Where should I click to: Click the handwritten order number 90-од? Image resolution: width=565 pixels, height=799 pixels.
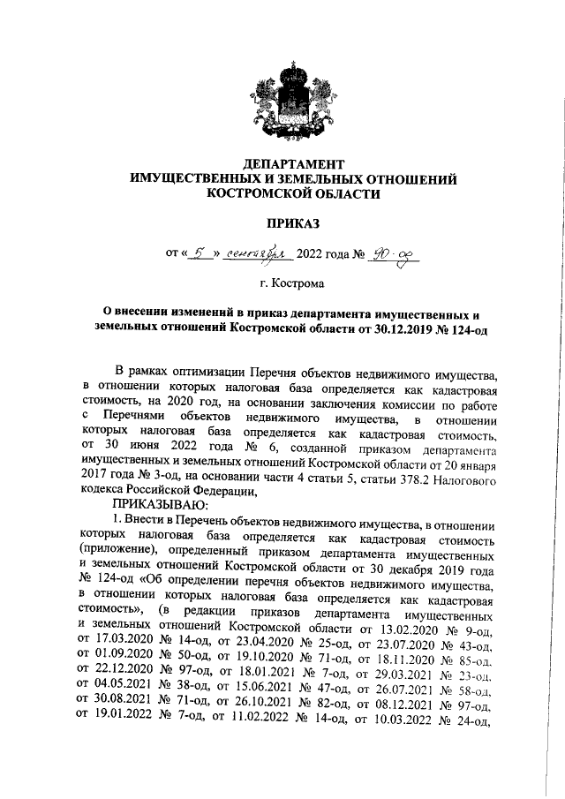[x=394, y=255]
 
